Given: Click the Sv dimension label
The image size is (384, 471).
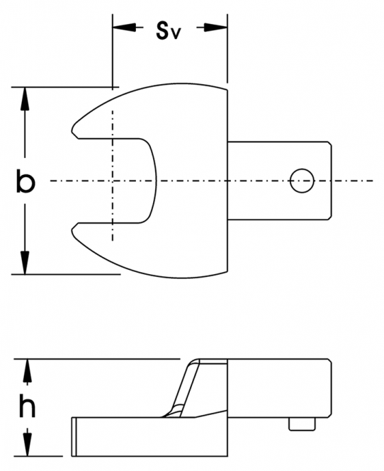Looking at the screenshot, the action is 168,30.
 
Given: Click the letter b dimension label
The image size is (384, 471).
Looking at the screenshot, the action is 26,181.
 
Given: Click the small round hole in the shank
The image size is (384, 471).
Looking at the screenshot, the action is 302,181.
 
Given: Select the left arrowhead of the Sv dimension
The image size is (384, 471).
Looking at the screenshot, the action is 124,28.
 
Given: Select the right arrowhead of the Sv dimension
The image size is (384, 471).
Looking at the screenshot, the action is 215,28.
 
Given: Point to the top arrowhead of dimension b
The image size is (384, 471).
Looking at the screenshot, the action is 25,99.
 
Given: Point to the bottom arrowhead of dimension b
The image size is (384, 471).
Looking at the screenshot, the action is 25,262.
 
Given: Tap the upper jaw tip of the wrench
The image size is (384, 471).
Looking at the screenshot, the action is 73,131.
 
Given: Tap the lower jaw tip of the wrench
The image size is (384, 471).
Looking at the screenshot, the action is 73,230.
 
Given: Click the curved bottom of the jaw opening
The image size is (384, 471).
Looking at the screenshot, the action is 155,181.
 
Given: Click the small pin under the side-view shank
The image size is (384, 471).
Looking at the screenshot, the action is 302,424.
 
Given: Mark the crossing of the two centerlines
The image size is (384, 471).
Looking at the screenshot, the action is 113,181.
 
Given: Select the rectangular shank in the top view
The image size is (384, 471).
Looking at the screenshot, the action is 279,181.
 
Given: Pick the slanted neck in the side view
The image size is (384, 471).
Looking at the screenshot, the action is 185,387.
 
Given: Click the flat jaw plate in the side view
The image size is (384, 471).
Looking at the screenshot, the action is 149,436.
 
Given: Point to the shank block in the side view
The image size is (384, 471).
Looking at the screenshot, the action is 279,388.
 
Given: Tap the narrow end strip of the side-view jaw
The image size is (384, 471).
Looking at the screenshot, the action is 74,436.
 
